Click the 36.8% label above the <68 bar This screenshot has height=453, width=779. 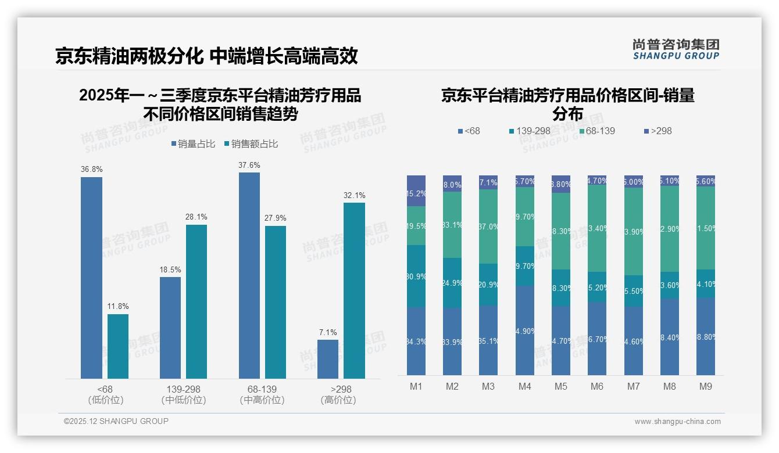pyautogui.click(x=91, y=170)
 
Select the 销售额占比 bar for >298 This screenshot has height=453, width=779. pyautogui.click(x=354, y=290)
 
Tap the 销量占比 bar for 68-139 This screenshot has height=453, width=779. pyautogui.click(x=249, y=275)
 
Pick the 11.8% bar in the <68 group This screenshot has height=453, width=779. pyautogui.click(x=118, y=346)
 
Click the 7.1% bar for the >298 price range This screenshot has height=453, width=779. pyautogui.click(x=328, y=359)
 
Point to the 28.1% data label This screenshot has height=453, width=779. pyautogui.click(x=196, y=217)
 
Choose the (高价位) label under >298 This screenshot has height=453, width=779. pyautogui.click(x=338, y=400)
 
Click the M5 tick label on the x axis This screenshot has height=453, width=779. pyautogui.click(x=560, y=386)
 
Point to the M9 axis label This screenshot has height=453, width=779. pyautogui.click(x=705, y=386)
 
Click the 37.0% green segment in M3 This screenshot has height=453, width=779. pyautogui.click(x=488, y=227)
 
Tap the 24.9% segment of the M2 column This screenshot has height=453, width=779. pyautogui.click(x=452, y=283)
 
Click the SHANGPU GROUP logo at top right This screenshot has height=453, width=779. pyautogui.click(x=676, y=49)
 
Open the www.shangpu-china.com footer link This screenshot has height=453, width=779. pyautogui.click(x=677, y=422)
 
